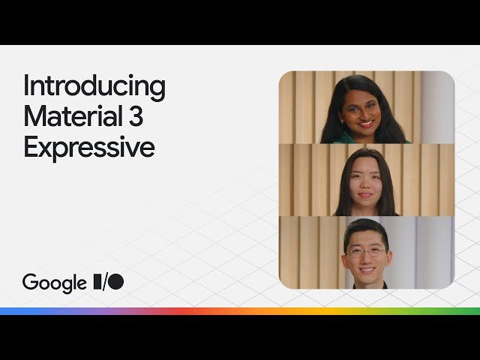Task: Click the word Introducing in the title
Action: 94,86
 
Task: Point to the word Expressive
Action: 88,146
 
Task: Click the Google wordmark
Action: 54,283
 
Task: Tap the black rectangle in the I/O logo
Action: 97,282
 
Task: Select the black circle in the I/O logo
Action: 116,282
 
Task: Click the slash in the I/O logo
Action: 106,282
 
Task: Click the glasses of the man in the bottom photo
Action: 366,251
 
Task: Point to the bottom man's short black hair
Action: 366,229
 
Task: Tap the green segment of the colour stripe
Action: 442,310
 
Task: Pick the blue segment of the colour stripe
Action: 30,310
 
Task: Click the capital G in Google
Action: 30,282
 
